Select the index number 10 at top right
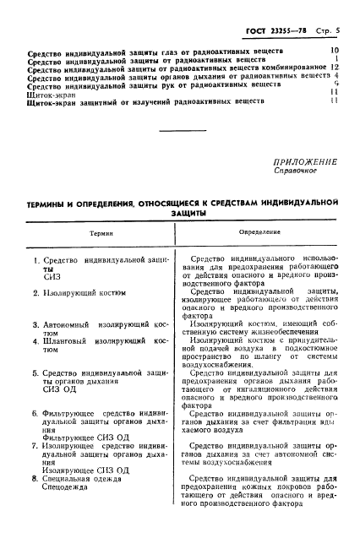(x=335, y=51)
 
